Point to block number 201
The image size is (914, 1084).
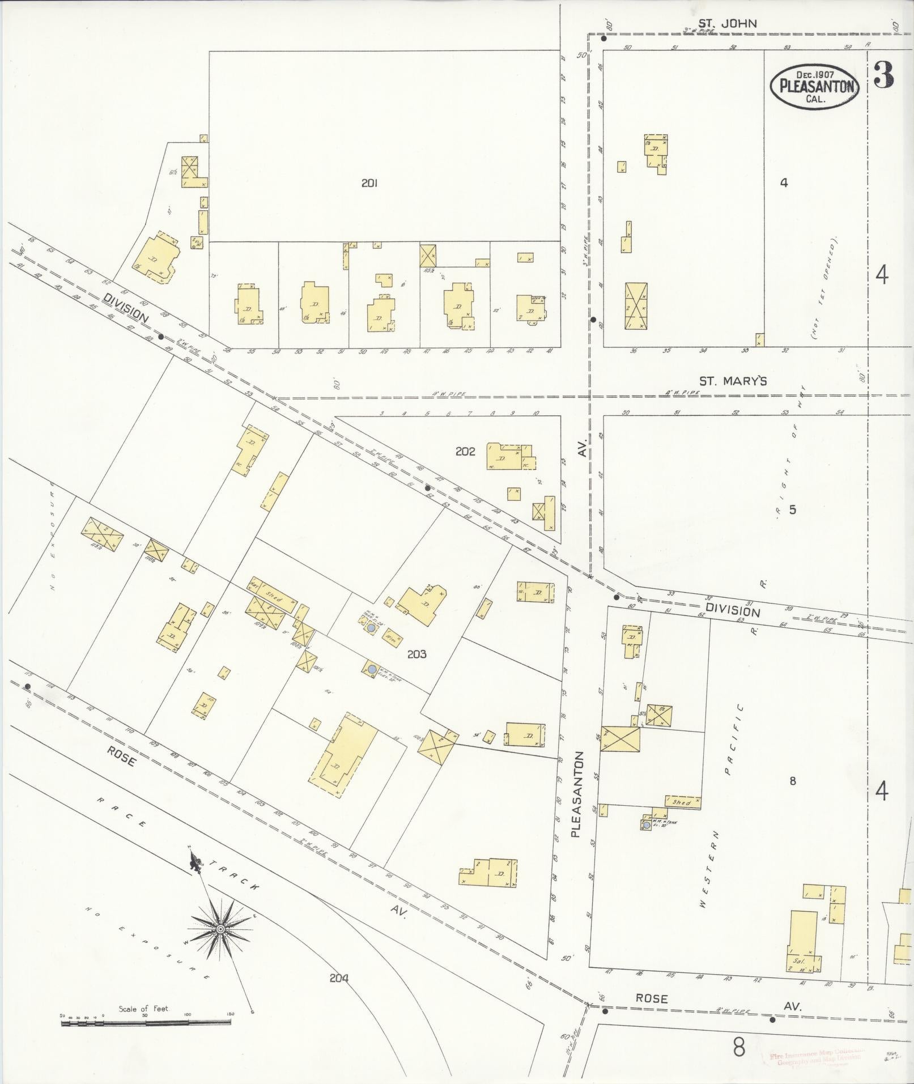point(369,183)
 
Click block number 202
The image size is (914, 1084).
point(465,452)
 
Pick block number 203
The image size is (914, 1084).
point(416,654)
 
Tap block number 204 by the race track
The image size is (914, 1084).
point(338,977)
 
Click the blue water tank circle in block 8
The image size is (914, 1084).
point(647,826)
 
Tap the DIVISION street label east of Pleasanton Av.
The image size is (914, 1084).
point(736,611)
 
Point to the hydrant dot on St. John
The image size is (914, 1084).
point(603,39)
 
